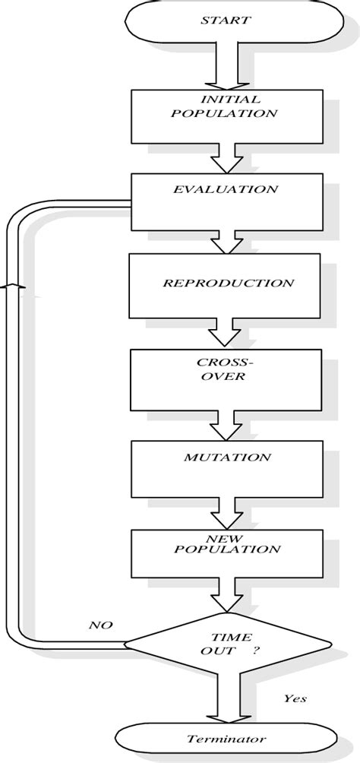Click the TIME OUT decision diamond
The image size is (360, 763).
click(227, 646)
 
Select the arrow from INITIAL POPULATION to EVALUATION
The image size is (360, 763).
click(226, 160)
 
